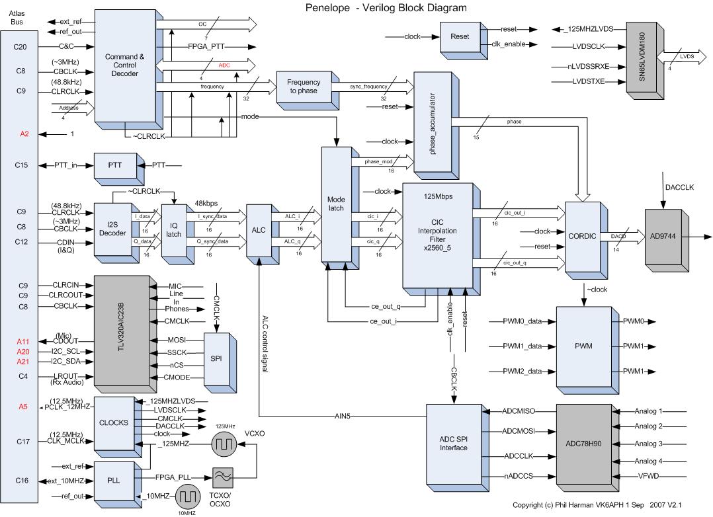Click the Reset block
[459, 37]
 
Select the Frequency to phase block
[302, 87]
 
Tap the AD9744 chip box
[666, 236]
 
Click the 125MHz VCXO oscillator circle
[224, 445]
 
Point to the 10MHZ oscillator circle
[190, 495]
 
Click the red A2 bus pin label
[24, 134]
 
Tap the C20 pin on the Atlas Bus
[20, 46]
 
